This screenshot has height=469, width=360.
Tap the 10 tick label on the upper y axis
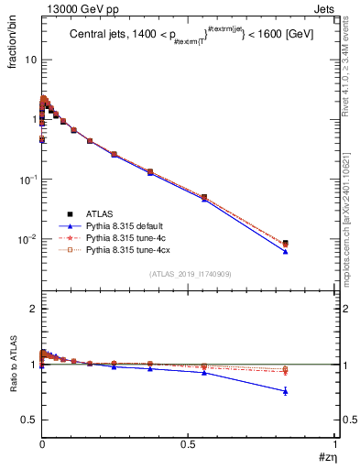pyautogui.click(x=29, y=60)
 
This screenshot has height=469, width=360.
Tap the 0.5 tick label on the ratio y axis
pyautogui.click(x=30, y=420)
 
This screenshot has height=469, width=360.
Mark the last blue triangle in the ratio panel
pyautogui.click(x=286, y=391)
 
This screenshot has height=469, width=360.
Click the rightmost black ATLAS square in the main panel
pyautogui.click(x=286, y=244)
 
